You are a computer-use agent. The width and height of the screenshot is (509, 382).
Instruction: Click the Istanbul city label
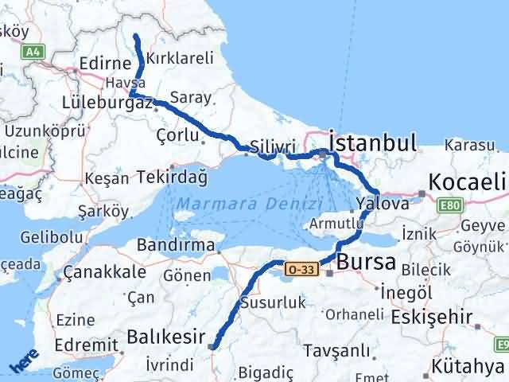click(x=372, y=143)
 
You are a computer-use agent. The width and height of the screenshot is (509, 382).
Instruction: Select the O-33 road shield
click(x=303, y=271)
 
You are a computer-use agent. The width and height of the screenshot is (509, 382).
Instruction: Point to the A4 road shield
click(x=32, y=52)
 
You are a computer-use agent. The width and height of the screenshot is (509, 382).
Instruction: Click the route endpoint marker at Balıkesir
click(x=211, y=345)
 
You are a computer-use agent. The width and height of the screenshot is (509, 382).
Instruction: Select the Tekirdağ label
click(x=171, y=176)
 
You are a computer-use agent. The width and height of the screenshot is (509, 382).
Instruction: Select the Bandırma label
click(x=175, y=244)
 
